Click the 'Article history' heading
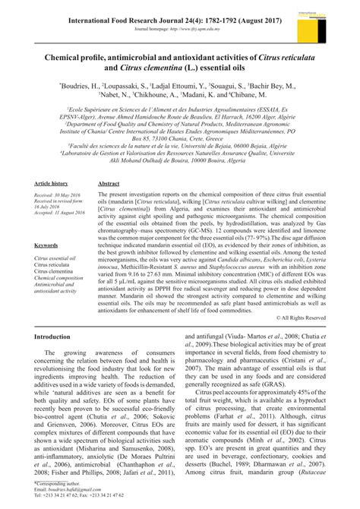(54, 184)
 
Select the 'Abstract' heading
(109, 184)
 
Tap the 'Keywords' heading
(46, 245)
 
